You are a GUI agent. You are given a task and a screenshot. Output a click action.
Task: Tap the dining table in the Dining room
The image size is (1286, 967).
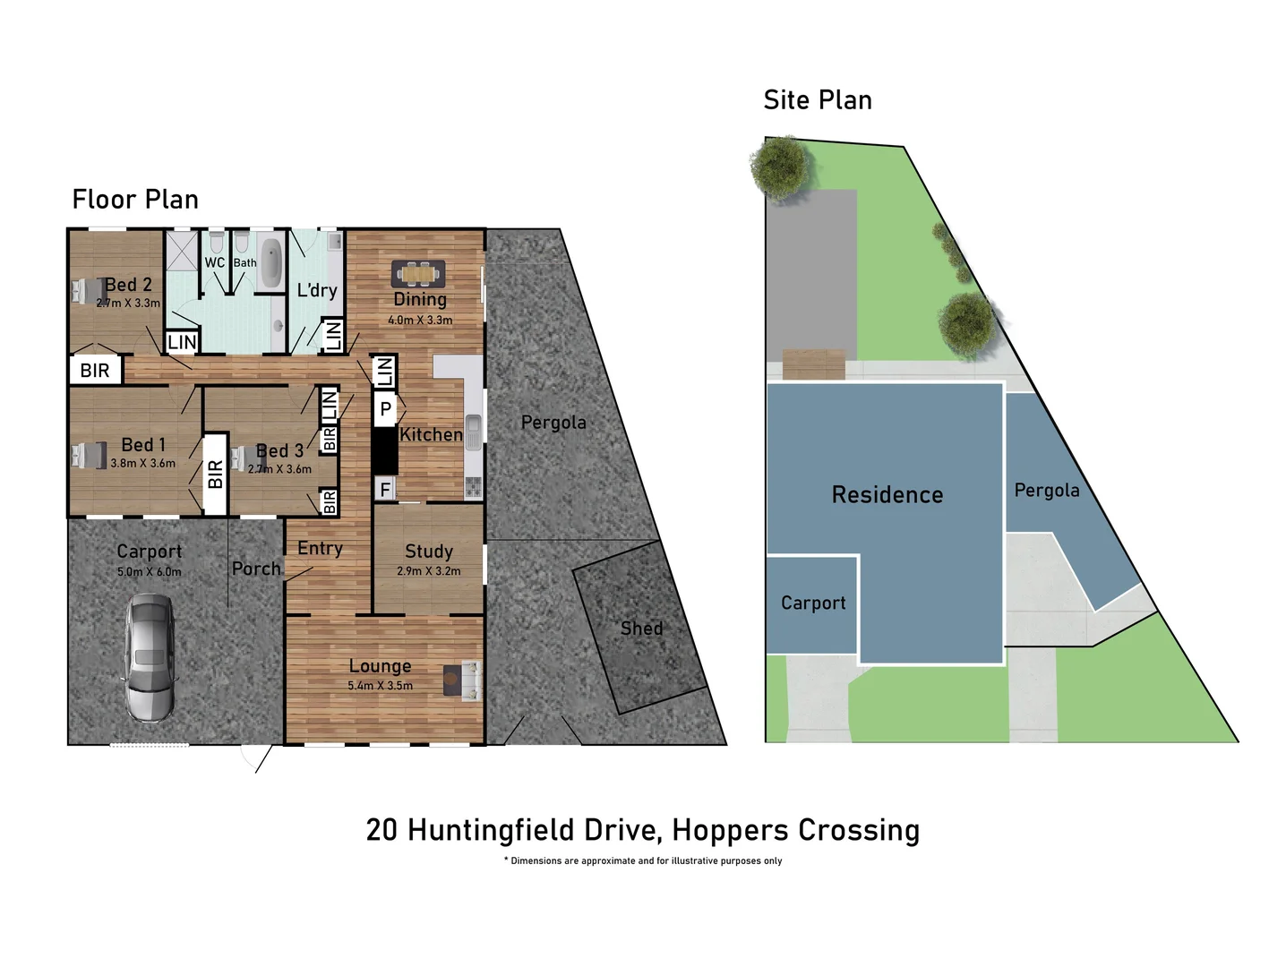418,273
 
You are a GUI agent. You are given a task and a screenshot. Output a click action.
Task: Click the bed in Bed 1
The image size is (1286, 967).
89,455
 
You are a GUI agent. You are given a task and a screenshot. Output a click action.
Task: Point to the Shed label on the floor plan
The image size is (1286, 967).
641,629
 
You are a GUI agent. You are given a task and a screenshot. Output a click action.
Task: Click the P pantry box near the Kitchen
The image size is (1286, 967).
386,410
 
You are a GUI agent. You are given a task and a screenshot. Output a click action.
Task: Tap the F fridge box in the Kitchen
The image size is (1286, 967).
385,489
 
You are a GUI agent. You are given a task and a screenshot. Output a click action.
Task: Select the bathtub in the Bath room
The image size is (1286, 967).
270,262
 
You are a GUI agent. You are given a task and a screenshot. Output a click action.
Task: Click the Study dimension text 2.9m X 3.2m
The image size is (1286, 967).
428,571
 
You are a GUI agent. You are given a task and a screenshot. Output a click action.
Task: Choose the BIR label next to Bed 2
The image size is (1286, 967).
95,371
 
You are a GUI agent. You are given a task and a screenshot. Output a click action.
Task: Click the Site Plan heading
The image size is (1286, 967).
817,100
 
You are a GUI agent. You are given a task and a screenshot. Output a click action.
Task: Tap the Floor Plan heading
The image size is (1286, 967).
135,200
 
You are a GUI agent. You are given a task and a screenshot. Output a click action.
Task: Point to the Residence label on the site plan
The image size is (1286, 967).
887,495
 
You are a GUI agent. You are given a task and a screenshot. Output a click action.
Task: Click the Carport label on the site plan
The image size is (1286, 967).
812,603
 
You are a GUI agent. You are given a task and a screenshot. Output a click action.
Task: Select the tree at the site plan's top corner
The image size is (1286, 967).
781,165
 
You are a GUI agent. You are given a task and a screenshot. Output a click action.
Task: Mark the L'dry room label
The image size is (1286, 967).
317,290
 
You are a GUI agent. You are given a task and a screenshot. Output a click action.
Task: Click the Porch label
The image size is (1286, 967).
256,569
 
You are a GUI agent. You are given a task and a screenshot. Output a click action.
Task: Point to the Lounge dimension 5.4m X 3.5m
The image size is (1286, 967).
380,686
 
